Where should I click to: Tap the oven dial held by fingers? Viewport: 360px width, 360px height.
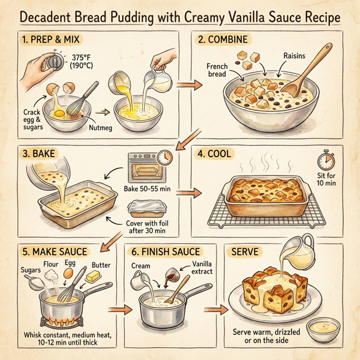56,62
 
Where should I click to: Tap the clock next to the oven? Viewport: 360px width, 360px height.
164,157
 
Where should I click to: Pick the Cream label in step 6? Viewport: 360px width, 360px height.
140,265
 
